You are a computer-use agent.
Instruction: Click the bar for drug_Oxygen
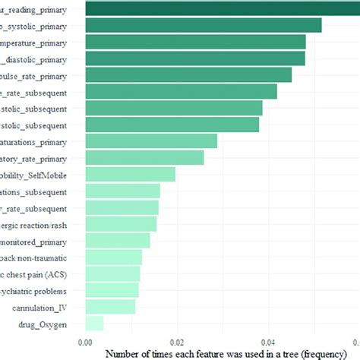coord(94,324)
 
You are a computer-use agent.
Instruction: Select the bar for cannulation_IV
coord(110,307)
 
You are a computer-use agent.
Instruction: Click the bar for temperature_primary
coord(195,42)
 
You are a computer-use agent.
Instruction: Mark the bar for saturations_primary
coord(151,141)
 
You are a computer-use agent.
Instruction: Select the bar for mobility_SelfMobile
coord(130,175)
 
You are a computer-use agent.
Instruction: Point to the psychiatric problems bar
coord(112,290)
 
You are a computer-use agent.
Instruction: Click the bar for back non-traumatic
coord(113,257)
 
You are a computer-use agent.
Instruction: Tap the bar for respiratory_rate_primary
coord(144,158)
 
